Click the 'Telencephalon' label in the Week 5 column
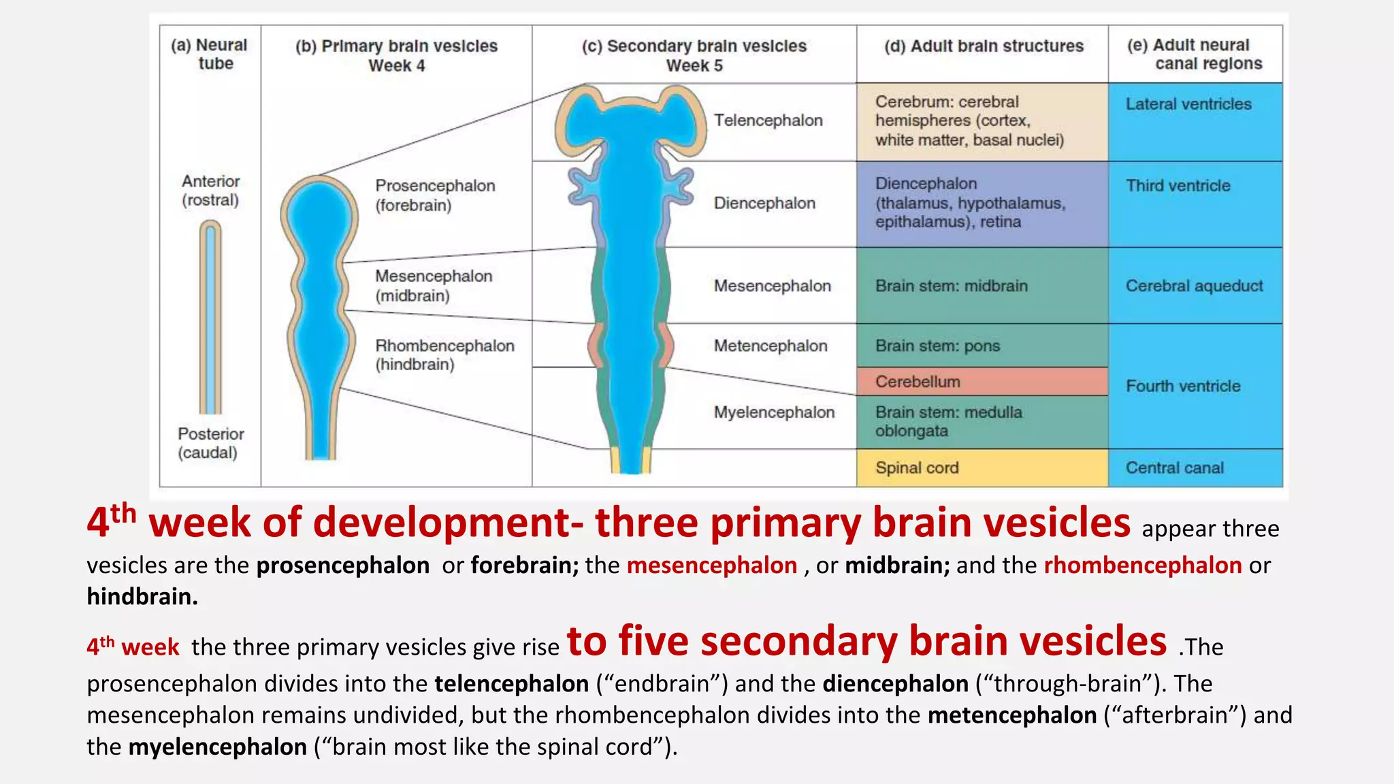tap(768, 120)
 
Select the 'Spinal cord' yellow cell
tap(982, 468)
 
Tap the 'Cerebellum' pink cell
tap(982, 382)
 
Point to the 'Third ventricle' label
tap(1178, 186)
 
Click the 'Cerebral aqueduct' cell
tap(1195, 286)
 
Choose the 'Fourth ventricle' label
tap(1183, 386)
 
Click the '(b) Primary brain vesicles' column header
tap(396, 55)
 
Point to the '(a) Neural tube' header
tap(210, 54)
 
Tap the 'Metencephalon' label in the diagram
tap(771, 346)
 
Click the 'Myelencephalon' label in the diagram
tap(774, 412)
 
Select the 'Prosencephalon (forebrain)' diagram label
tap(435, 195)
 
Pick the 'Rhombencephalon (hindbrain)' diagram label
tap(444, 355)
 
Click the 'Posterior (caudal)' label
tap(210, 443)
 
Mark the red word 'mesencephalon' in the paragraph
tap(711, 566)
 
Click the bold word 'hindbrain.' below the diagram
tap(142, 597)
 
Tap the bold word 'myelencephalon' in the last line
tap(218, 747)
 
